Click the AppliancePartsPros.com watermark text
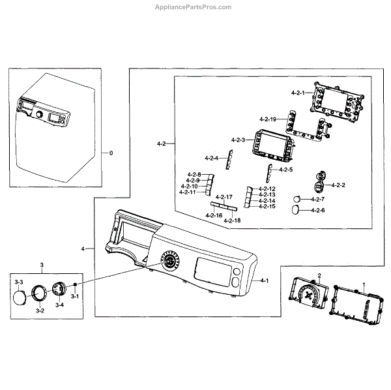click(x=195, y=7)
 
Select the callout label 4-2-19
click(x=268, y=119)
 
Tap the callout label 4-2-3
click(x=238, y=140)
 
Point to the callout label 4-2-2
click(x=338, y=185)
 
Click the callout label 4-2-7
click(x=317, y=198)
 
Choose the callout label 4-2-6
click(x=317, y=210)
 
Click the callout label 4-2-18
click(x=232, y=221)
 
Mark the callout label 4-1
click(x=264, y=280)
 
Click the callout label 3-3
click(x=19, y=281)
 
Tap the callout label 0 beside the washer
click(x=111, y=153)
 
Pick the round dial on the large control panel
click(x=171, y=262)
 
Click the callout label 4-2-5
click(x=285, y=170)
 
